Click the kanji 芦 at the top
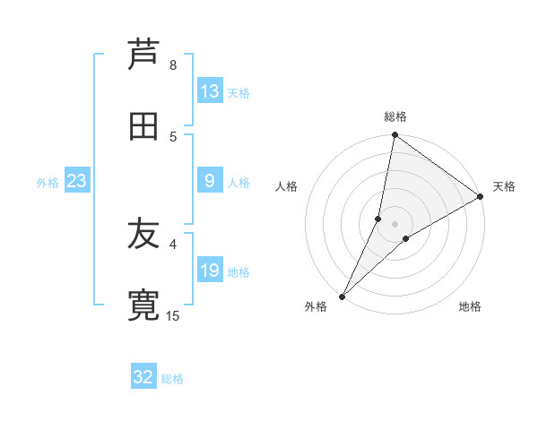[144, 56]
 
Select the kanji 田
[144, 126]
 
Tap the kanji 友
[144, 236]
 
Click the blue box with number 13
[210, 91]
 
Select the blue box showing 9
[210, 182]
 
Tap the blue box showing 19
[210, 271]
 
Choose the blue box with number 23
[77, 182]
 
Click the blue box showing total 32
[143, 377]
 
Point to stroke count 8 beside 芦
[173, 65]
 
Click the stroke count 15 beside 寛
[173, 315]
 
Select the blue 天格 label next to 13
[239, 93]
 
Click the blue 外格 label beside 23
[48, 183]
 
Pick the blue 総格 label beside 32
[172, 379]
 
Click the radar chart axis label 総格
[395, 116]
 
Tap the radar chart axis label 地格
[470, 306]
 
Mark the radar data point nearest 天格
[481, 197]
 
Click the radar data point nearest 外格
[342, 296]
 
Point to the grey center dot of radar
[395, 224]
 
